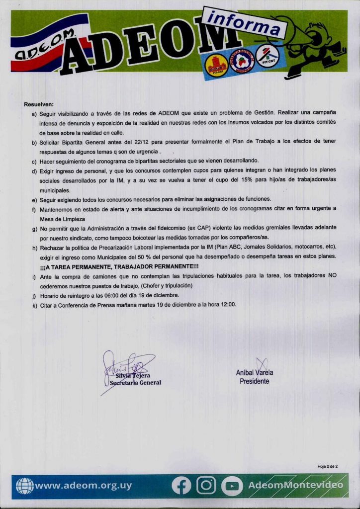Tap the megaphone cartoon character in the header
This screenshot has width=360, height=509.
(x=316, y=47)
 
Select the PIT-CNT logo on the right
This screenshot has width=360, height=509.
(x=268, y=56)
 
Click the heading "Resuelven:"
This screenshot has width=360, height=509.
(x=39, y=104)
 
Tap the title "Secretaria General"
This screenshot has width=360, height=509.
(x=135, y=383)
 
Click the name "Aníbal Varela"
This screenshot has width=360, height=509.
(x=255, y=373)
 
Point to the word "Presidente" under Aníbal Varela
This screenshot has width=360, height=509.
(x=255, y=381)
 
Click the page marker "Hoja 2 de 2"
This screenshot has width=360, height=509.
(x=327, y=466)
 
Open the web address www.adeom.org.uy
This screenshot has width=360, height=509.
(x=83, y=486)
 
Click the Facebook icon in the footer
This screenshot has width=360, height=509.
(x=181, y=486)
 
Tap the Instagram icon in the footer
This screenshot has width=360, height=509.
(x=206, y=486)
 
